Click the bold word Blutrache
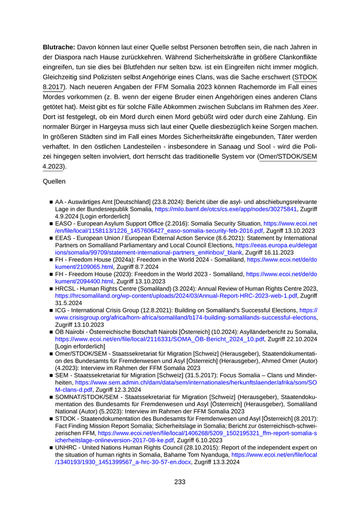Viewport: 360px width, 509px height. tap(59, 47)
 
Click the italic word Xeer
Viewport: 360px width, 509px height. tap(308, 106)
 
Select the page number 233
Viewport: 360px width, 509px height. tap(180, 482)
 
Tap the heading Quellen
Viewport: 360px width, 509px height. tap(53, 181)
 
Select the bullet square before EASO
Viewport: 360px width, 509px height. tap(51, 224)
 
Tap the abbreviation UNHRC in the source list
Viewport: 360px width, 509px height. tap(67, 448)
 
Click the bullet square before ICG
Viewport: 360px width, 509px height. tap(51, 311)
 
